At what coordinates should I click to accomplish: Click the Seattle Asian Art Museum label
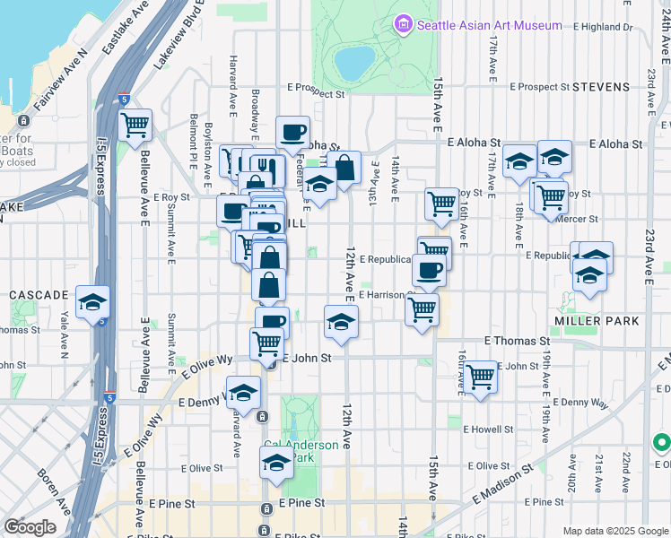tap(489, 26)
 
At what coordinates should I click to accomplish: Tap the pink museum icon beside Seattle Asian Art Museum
tap(404, 24)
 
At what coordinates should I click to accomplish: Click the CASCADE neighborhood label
tap(39, 294)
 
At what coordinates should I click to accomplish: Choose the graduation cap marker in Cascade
tap(92, 303)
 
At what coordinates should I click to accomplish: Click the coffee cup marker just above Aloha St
tap(292, 133)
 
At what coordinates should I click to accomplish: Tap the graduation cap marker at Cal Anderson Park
tap(276, 464)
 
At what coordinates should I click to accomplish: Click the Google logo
tap(30, 527)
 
